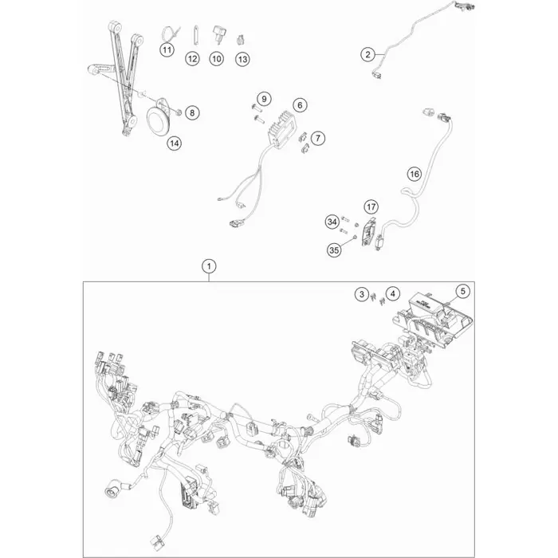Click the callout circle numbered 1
(x=209, y=265)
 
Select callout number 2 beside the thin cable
(x=367, y=54)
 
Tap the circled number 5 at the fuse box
(x=462, y=291)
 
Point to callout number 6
(x=300, y=105)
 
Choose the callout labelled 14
(x=174, y=143)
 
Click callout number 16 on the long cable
(x=415, y=174)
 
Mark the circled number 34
(x=332, y=222)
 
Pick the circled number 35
(x=334, y=250)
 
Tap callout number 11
(x=167, y=49)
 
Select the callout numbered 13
(x=242, y=59)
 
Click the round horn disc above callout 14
(x=160, y=120)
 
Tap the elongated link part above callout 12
(x=195, y=35)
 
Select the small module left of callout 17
(x=367, y=232)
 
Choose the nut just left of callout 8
(x=179, y=113)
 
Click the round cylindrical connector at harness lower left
(x=112, y=491)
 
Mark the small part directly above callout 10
(x=218, y=33)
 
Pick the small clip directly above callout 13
(x=241, y=40)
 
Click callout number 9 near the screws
(x=264, y=99)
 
